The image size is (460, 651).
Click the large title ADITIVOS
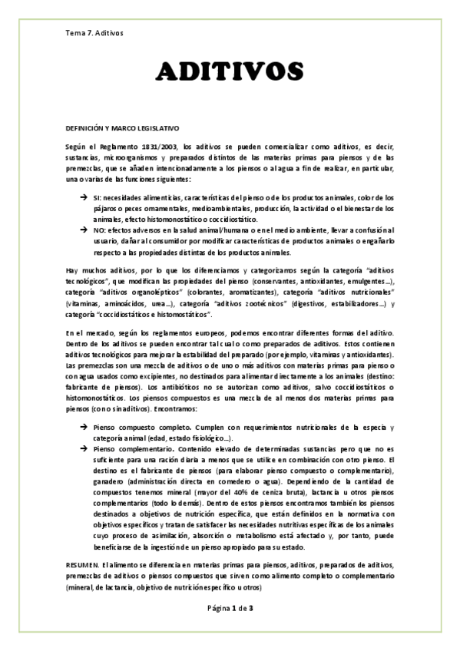pos(230,74)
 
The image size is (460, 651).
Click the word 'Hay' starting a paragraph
pos(72,271)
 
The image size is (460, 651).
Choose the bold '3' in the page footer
pos(250,608)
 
